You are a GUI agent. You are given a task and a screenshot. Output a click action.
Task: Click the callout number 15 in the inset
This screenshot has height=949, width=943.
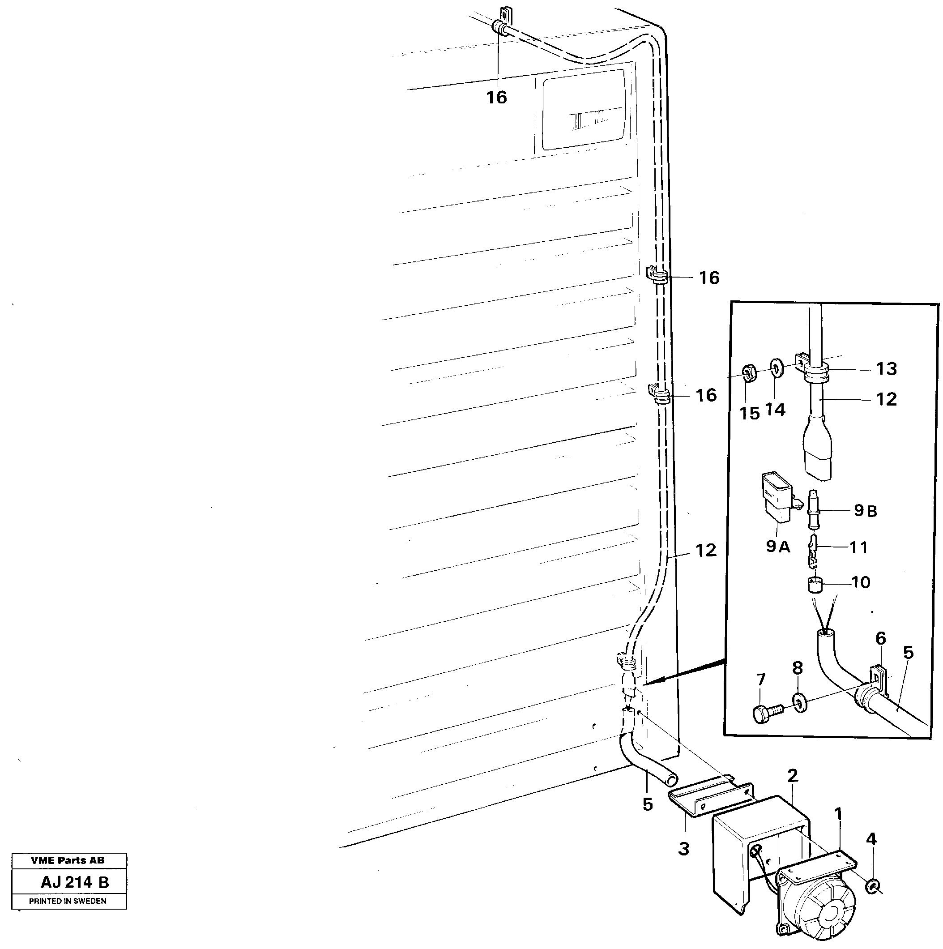coord(750,414)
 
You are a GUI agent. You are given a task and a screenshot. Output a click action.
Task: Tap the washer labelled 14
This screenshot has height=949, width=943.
coord(777,368)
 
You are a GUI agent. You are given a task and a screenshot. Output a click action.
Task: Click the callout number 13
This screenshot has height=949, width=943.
coord(886,369)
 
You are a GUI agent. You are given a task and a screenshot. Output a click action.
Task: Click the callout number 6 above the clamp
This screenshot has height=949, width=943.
coord(881,639)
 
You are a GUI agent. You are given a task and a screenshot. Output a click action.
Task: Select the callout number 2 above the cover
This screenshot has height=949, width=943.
coord(792,777)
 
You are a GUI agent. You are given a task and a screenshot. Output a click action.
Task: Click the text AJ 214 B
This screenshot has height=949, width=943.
coord(75,882)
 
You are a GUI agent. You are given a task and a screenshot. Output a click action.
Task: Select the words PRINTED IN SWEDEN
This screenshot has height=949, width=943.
coord(68,901)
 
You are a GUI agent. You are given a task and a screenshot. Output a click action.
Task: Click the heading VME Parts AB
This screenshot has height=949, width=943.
coord(68,860)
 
